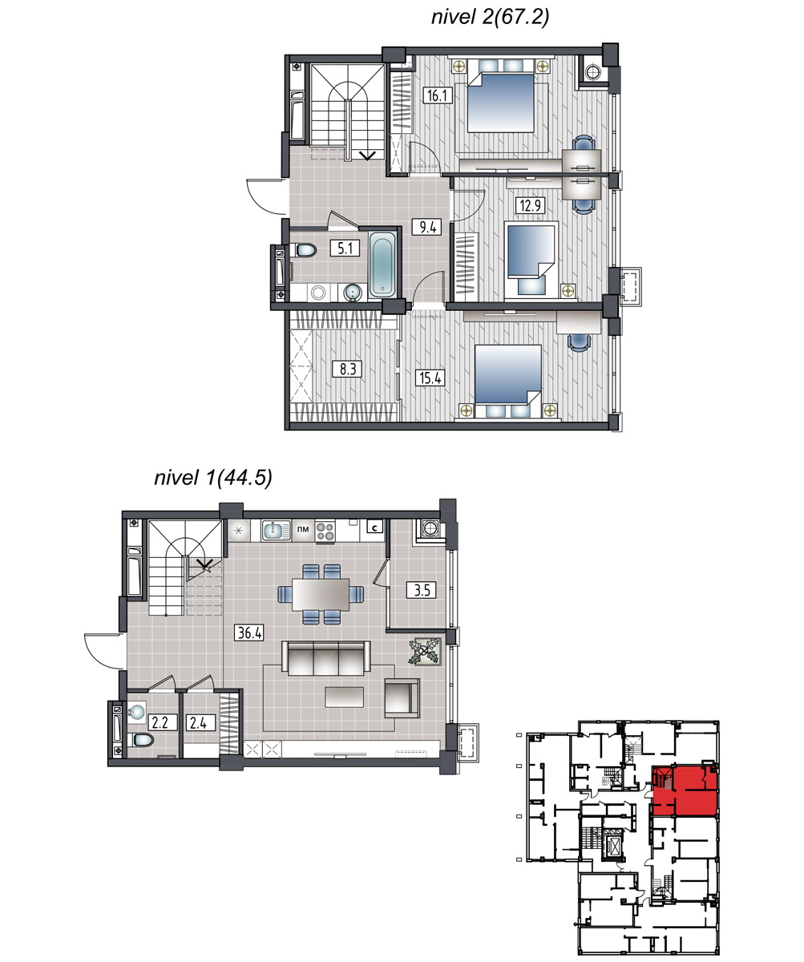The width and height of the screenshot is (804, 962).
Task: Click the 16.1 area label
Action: point(437,95)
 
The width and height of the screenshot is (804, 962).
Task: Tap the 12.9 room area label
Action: point(531,205)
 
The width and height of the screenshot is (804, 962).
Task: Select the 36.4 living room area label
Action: point(250,633)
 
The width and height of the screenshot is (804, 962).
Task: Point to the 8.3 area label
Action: point(348,369)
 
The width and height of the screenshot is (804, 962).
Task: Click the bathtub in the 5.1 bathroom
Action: point(382,264)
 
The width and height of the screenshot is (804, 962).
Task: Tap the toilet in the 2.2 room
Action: point(143,741)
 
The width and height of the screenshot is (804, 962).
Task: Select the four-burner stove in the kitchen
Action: point(325,532)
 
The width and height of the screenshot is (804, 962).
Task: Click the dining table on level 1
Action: point(321,594)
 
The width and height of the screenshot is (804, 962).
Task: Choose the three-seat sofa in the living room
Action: point(325,658)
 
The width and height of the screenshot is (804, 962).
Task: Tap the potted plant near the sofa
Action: point(425,651)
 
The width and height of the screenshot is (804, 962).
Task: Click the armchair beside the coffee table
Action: point(402,698)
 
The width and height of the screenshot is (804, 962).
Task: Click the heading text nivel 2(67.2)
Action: point(491,17)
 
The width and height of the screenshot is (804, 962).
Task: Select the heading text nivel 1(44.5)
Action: point(213,478)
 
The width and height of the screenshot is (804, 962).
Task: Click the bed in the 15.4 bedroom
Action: point(507,382)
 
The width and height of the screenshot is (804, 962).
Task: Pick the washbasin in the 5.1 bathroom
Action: point(354,293)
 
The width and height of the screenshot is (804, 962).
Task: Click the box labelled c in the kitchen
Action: point(374,527)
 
